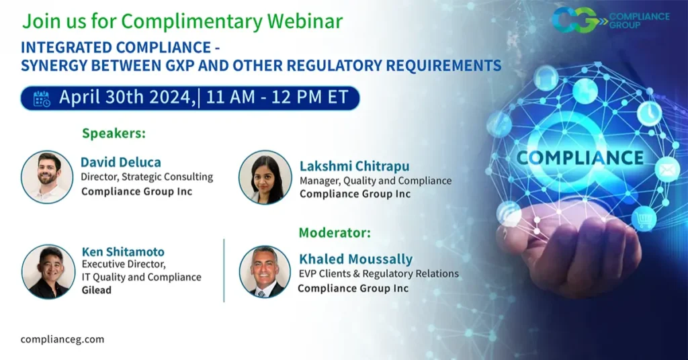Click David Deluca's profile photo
(47, 177)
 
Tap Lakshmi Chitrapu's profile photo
(265, 177)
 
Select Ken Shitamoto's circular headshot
(48, 271)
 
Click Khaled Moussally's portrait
(265, 271)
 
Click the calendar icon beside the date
(42, 98)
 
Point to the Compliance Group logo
(610, 19)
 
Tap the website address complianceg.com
(62, 339)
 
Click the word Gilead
(96, 290)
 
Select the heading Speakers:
(114, 133)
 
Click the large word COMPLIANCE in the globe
(580, 158)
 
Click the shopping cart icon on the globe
(643, 218)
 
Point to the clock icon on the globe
(649, 114)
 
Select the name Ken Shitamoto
(122, 252)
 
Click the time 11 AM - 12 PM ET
(277, 97)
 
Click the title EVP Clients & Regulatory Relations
(379, 274)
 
